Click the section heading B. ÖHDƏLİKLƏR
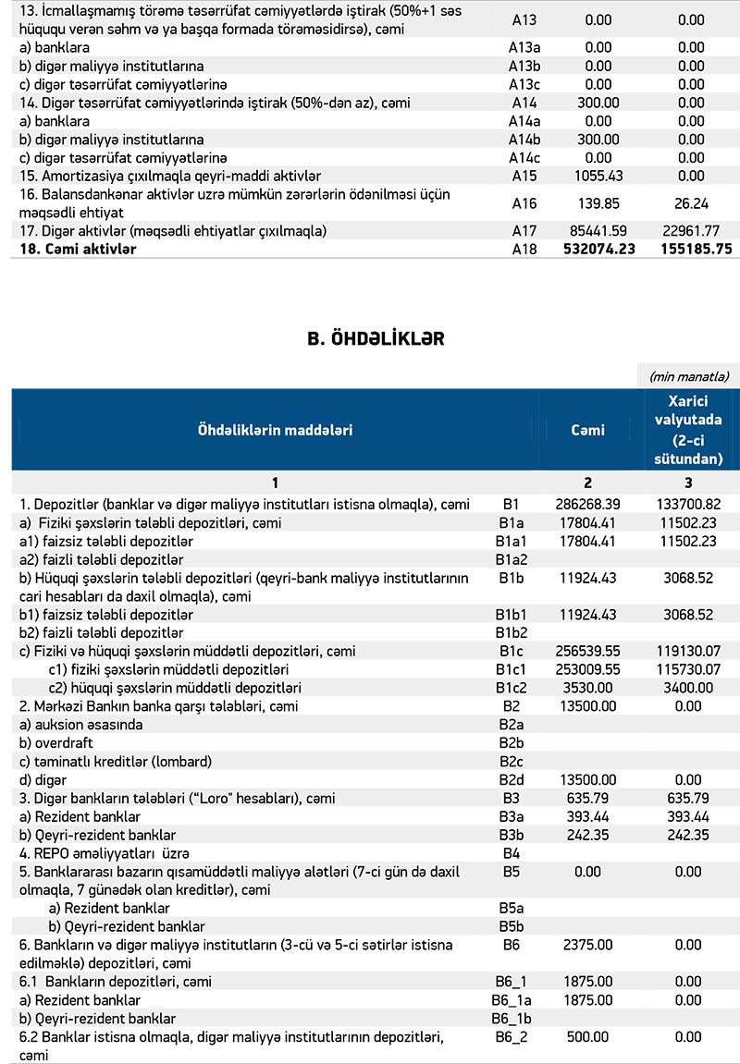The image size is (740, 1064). pyautogui.click(x=375, y=339)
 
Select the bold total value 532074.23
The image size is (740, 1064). pyautogui.click(x=598, y=249)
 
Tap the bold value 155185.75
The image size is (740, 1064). pyautogui.click(x=691, y=249)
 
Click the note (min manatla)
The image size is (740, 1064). pyautogui.click(x=689, y=376)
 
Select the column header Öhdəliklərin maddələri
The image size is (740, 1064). pyautogui.click(x=275, y=430)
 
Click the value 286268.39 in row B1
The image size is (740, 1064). pyautogui.click(x=587, y=504)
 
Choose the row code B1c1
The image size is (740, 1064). pyautogui.click(x=512, y=668)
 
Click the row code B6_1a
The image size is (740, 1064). pyautogui.click(x=512, y=1000)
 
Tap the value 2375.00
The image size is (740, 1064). pyautogui.click(x=587, y=945)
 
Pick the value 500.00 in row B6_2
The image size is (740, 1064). pyautogui.click(x=587, y=1037)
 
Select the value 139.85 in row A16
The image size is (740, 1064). pyautogui.click(x=598, y=203)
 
